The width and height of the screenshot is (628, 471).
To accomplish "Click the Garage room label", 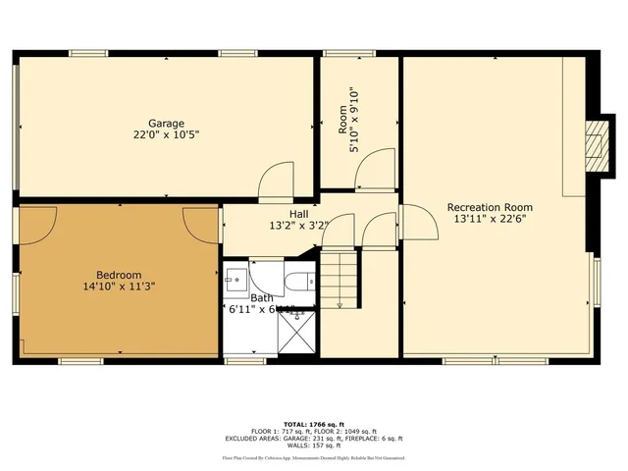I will click(x=167, y=123).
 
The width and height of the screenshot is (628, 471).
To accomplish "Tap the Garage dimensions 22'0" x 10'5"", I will click(x=167, y=134).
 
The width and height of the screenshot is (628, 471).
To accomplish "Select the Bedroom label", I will click(x=119, y=275).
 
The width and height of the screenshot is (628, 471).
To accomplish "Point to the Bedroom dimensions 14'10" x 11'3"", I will click(x=119, y=287).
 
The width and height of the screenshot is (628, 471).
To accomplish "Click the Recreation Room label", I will click(x=490, y=207).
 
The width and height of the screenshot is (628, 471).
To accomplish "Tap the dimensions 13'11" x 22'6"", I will click(x=490, y=220).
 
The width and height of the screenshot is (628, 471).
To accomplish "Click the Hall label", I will click(x=299, y=214).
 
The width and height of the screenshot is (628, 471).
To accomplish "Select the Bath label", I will click(x=261, y=297).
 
